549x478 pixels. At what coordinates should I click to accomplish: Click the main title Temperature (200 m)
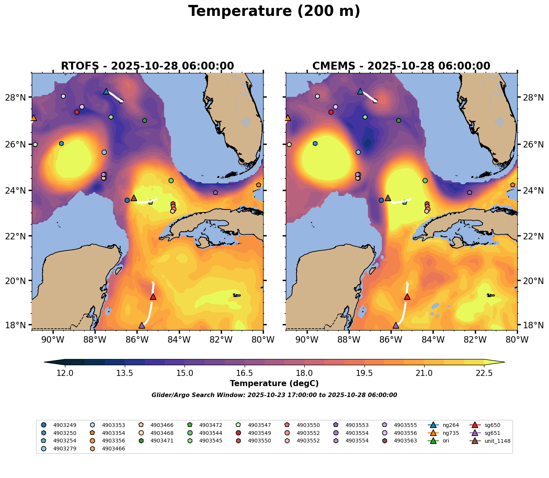274,11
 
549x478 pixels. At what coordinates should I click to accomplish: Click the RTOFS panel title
147,66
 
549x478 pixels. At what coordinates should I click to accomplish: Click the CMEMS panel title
401,66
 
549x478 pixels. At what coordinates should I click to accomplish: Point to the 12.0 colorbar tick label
65,373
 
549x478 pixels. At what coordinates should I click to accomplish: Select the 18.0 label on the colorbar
304,373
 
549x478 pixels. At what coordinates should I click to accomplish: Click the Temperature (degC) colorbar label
274,383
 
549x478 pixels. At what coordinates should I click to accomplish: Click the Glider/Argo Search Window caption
274,395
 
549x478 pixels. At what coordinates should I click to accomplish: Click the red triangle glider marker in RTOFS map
153,297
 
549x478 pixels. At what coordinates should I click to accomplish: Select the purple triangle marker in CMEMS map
396,326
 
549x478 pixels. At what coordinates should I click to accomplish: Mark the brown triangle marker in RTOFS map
133,198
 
